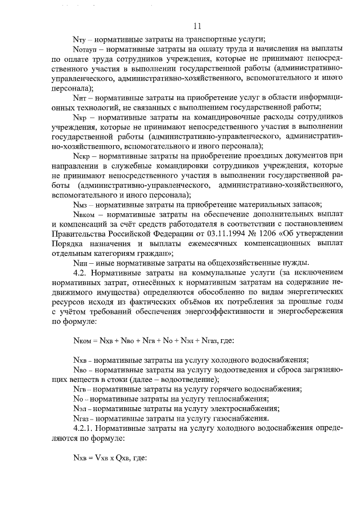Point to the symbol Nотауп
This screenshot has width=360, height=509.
tap(85, 49)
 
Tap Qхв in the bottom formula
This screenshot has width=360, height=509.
tap(123, 457)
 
